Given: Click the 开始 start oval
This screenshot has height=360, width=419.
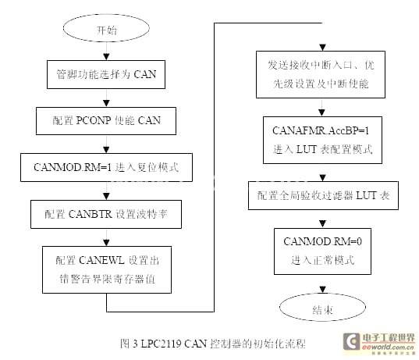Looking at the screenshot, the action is pyautogui.click(x=106, y=28).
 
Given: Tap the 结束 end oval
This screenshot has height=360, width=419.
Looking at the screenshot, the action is pyautogui.click(x=322, y=308).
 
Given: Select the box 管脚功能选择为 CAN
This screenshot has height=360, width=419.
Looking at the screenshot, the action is pyautogui.click(x=106, y=75).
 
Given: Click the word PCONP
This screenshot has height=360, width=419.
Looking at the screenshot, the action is pyautogui.click(x=94, y=120).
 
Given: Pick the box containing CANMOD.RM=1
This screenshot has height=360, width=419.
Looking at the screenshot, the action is pyautogui.click(x=106, y=168).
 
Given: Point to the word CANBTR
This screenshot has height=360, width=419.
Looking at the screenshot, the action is pyautogui.click(x=91, y=214).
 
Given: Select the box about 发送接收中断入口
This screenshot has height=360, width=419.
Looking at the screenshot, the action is pyautogui.click(x=321, y=74).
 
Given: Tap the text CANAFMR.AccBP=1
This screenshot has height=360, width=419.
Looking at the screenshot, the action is pyautogui.click(x=321, y=130).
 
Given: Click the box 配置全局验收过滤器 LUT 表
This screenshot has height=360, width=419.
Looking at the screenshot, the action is pyautogui.click(x=323, y=195).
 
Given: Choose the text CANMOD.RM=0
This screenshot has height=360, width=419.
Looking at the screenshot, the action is pyautogui.click(x=322, y=241).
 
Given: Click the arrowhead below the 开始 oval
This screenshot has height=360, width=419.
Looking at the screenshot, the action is pyautogui.click(x=106, y=57).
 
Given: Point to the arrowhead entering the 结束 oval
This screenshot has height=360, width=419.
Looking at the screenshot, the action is pyautogui.click(x=323, y=290).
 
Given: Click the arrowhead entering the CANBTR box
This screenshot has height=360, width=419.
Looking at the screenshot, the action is pyautogui.click(x=106, y=196).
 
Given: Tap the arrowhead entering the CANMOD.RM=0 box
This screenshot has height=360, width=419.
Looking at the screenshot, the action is pyautogui.click(x=323, y=224).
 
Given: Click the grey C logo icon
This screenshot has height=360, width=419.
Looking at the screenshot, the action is pyautogui.click(x=351, y=341).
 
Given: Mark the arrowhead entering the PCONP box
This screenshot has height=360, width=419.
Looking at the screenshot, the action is pyautogui.click(x=106, y=104).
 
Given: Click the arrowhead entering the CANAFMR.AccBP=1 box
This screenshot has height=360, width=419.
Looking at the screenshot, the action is pyautogui.click(x=322, y=113).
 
